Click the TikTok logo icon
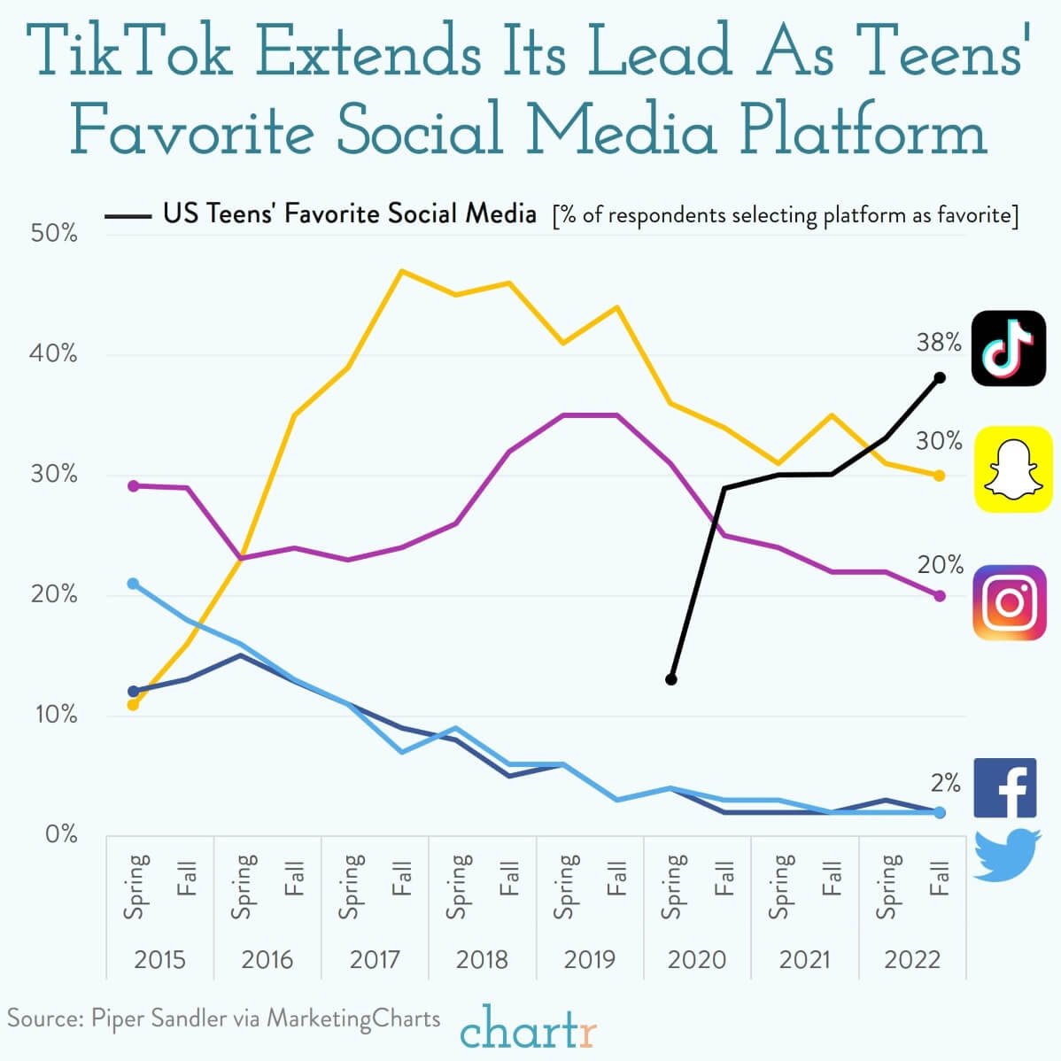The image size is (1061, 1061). [x=1009, y=348]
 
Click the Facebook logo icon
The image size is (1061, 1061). [x=1005, y=787]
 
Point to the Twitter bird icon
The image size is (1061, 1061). [x=1007, y=854]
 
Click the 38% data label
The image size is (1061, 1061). [x=938, y=342]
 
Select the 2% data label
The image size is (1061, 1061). [x=945, y=782]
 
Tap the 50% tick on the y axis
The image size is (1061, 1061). [x=55, y=234]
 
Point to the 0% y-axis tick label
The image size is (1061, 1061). [x=61, y=834]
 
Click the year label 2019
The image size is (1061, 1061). [x=589, y=959]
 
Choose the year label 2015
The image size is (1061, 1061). [x=159, y=959]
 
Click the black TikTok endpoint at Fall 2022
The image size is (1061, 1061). [x=940, y=377]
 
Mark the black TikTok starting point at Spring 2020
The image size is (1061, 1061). [x=671, y=679]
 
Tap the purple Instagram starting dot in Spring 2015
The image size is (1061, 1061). [x=134, y=485]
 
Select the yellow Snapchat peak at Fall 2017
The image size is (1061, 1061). [x=402, y=271]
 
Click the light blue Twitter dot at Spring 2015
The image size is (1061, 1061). [x=134, y=584]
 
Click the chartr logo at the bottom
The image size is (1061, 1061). [x=529, y=1030]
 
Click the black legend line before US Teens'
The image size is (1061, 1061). [x=128, y=215]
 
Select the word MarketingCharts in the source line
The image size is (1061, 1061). [x=353, y=1018]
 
